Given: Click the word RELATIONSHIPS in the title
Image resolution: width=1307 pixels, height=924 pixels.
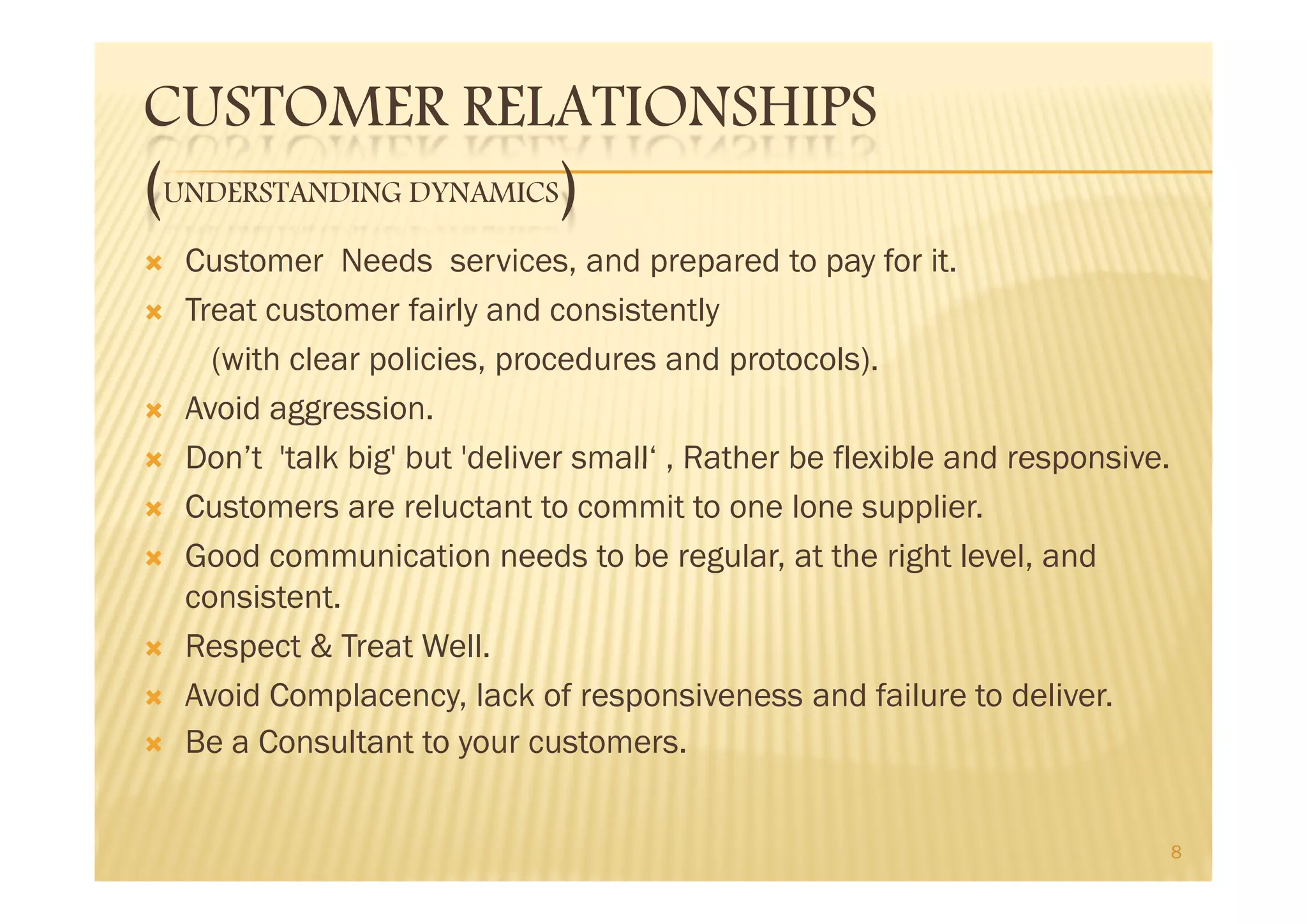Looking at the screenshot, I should coord(669,107).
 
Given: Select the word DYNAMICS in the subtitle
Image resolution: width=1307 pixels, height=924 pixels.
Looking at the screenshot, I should coord(484,193).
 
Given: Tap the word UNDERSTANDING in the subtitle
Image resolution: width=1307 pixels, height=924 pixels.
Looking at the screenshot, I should coord(283,193).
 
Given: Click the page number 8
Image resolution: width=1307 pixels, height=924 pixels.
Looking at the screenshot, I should coord(1176,852).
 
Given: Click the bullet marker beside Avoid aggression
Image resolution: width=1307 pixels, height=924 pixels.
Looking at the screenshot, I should coord(154,411).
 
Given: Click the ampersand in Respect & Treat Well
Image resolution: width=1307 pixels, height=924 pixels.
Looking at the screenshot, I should coord(321,647).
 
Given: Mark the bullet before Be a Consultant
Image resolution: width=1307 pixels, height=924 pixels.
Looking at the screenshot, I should coord(154,744).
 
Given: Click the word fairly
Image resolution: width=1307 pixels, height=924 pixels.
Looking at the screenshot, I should coord(442,311).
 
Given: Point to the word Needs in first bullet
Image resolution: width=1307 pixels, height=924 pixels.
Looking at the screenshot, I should coord(387,262).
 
